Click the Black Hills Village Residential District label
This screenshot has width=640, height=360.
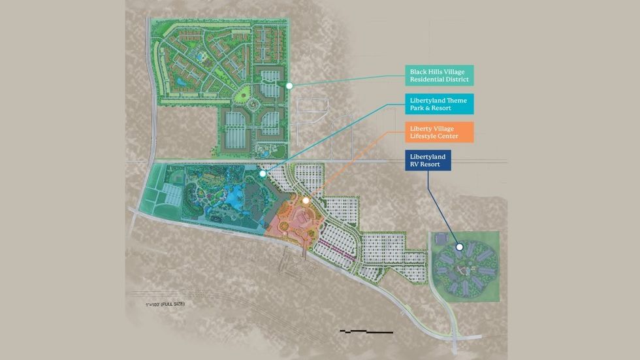439,75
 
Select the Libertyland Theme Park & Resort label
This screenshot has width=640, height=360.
439,105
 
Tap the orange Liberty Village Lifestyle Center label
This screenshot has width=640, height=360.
439,132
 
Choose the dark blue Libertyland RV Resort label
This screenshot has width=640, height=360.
428,161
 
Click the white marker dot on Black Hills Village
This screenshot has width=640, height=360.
289,85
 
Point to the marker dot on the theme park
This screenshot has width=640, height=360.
262,174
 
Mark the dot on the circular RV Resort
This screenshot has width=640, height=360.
460,248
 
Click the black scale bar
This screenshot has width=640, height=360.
366,333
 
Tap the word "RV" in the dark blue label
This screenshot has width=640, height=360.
415,165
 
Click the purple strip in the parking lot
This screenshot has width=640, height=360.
336,251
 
